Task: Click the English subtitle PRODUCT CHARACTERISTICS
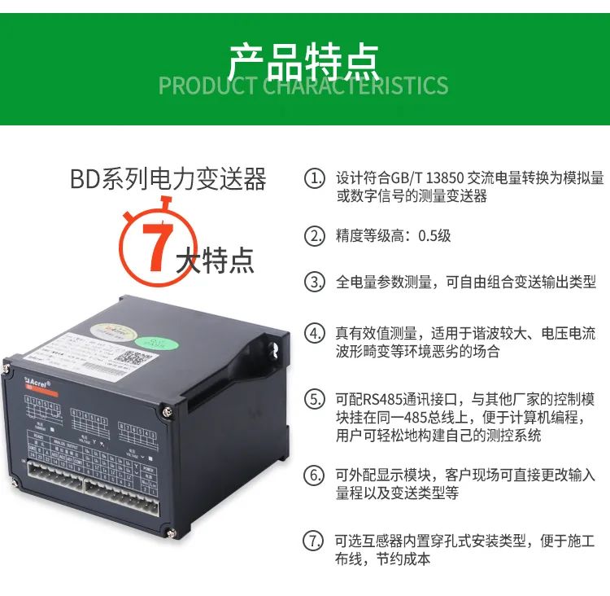pyautogui.click(x=303, y=85)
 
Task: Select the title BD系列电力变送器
pyautogui.click(x=168, y=178)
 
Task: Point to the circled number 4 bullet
pyautogui.click(x=314, y=333)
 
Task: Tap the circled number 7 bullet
pyautogui.click(x=314, y=541)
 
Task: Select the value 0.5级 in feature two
pyautogui.click(x=434, y=236)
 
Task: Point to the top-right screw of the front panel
pyautogui.click(x=168, y=413)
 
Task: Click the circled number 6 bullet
pyautogui.click(x=314, y=475)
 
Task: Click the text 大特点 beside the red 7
pyautogui.click(x=216, y=260)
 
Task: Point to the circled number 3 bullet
pyautogui.click(x=314, y=283)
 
